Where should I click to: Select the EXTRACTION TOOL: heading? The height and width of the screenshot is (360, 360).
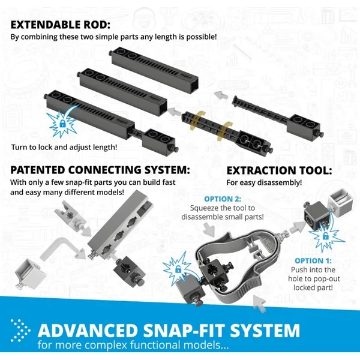click(x=279, y=170)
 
